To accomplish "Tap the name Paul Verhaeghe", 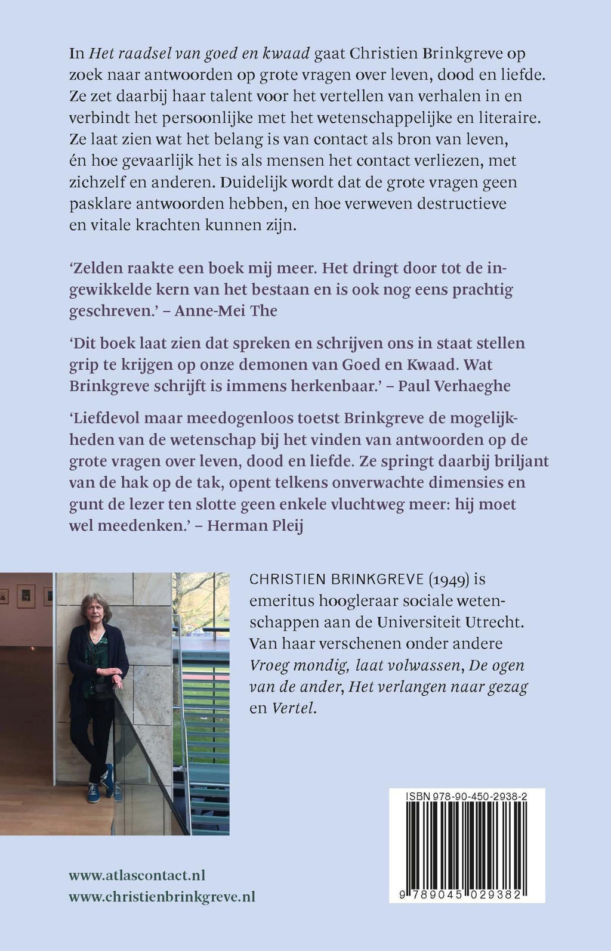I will click(x=454, y=385).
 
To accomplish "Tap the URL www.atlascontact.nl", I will click(x=137, y=875).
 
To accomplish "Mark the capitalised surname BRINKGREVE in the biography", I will click(x=375, y=580).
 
